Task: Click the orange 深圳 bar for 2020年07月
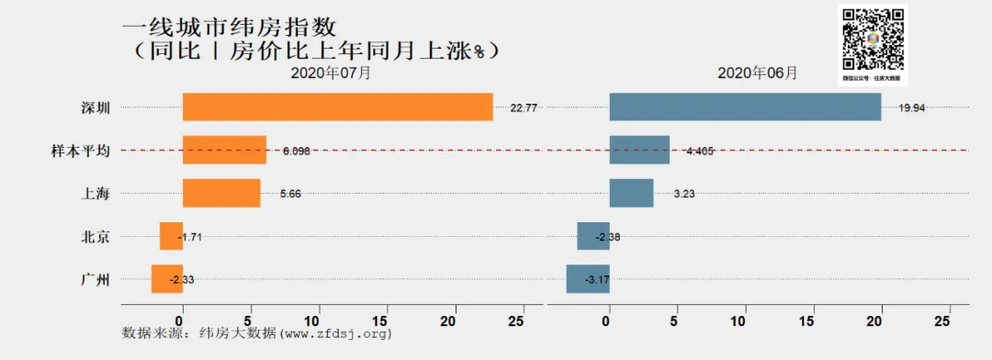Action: pyautogui.click(x=337, y=107)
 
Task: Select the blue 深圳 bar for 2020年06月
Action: pyautogui.click(x=745, y=107)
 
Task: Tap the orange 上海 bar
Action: pyautogui.click(x=221, y=193)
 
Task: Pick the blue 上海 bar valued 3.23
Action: pyautogui.click(x=631, y=193)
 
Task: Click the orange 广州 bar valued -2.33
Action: pyautogui.click(x=167, y=279)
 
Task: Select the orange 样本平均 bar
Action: pyautogui.click(x=224, y=150)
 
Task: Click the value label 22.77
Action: pyautogui.click(x=524, y=107)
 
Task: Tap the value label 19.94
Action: pyautogui.click(x=912, y=107)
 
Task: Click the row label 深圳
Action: pyautogui.click(x=96, y=107)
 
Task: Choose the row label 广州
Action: pyautogui.click(x=96, y=279)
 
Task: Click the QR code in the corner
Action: pyautogui.click(x=872, y=39)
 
